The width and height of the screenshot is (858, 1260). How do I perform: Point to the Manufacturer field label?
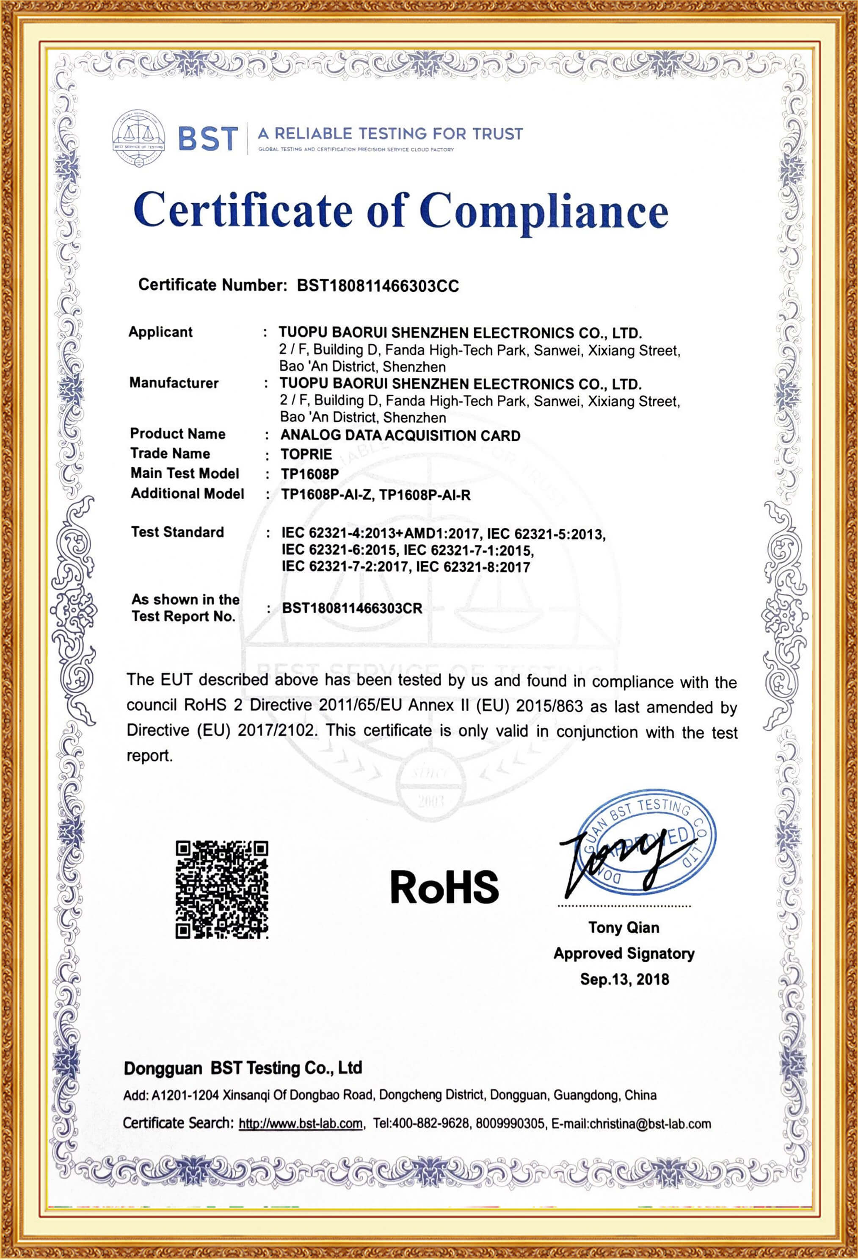[x=174, y=383]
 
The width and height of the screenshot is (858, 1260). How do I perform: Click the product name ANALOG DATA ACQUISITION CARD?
[x=400, y=435]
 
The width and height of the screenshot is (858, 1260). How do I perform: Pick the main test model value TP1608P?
[x=309, y=474]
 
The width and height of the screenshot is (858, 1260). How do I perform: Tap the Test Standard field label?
[x=177, y=532]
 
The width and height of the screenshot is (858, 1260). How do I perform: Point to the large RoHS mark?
[x=444, y=887]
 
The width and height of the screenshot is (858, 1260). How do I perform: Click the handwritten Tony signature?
[x=618, y=859]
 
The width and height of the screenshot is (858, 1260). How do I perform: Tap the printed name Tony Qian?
[x=624, y=927]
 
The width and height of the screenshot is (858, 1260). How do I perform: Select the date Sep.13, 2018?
[x=624, y=979]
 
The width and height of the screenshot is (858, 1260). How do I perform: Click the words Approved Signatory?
[x=624, y=953]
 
